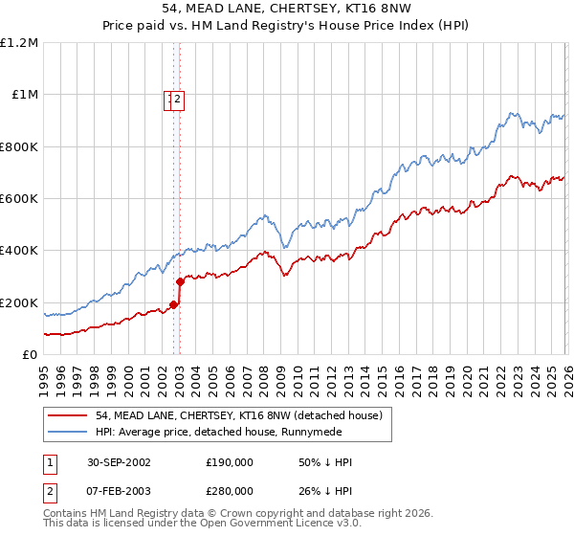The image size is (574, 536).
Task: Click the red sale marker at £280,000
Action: [180, 281]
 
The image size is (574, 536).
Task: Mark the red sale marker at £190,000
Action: [173, 305]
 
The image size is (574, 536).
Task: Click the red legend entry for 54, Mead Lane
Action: [239, 415]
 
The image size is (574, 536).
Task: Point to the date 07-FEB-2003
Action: [117, 491]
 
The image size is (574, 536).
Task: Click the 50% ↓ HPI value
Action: [325, 462]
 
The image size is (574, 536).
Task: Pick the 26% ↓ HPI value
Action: [325, 491]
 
